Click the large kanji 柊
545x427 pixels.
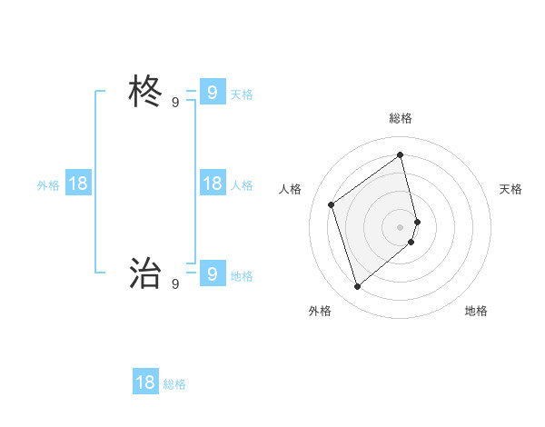coord(145,92)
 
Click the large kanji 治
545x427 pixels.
coord(145,273)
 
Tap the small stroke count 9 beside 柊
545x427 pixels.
coord(175,103)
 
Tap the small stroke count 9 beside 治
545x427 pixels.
coord(175,284)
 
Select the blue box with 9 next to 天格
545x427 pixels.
coord(212,92)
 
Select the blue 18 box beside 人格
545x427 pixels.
coord(212,184)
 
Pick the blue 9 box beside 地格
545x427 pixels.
coord(212,273)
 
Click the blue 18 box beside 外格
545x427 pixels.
coord(78,184)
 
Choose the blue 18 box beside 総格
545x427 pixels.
coord(145,382)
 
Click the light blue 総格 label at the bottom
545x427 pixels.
coord(174,385)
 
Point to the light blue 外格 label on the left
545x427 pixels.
coord(48,185)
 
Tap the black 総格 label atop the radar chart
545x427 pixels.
coord(401,118)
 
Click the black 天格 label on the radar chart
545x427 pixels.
coord(510,189)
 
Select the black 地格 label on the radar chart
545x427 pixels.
coord(476,311)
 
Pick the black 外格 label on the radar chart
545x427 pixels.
coord(320,311)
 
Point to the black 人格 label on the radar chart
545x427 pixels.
coord(290,189)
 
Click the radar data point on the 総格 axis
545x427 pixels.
coord(401,154)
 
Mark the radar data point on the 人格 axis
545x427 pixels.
coord(332,204)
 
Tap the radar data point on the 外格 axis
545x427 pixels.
coord(358,287)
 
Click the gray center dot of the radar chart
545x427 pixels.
coord(401,226)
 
